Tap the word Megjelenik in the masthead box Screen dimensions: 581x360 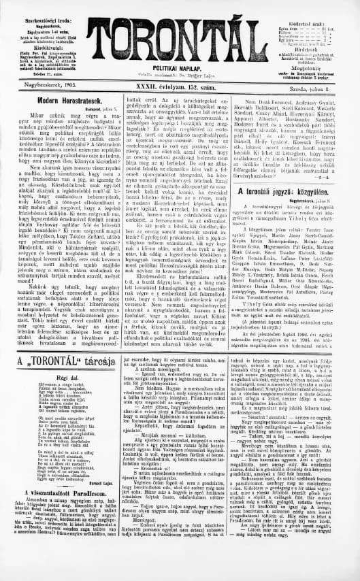point(317,67)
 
